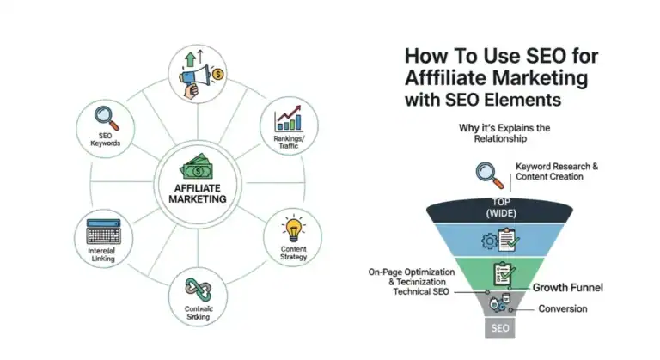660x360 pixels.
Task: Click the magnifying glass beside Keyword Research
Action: pyautogui.click(x=490, y=175)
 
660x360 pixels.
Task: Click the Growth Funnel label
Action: pyautogui.click(x=567, y=289)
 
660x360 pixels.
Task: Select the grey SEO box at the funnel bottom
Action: pyautogui.click(x=500, y=328)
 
